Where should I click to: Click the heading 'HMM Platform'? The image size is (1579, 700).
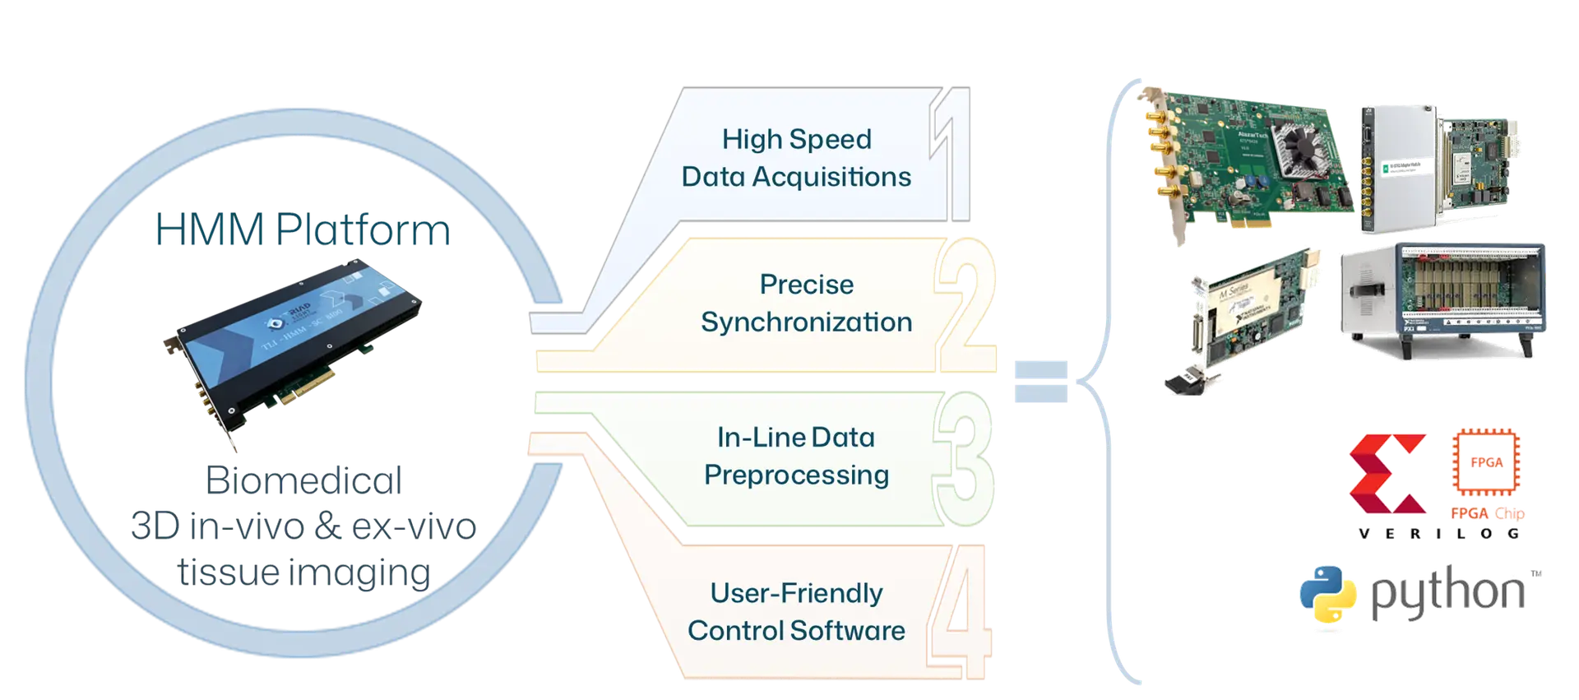click(303, 230)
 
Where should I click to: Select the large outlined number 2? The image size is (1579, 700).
click(965, 304)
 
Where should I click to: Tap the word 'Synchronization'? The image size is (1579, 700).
click(806, 322)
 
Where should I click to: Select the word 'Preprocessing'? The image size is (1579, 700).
click(796, 475)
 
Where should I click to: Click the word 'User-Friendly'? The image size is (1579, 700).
click(796, 593)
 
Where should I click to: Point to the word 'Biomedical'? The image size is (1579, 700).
click(303, 480)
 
